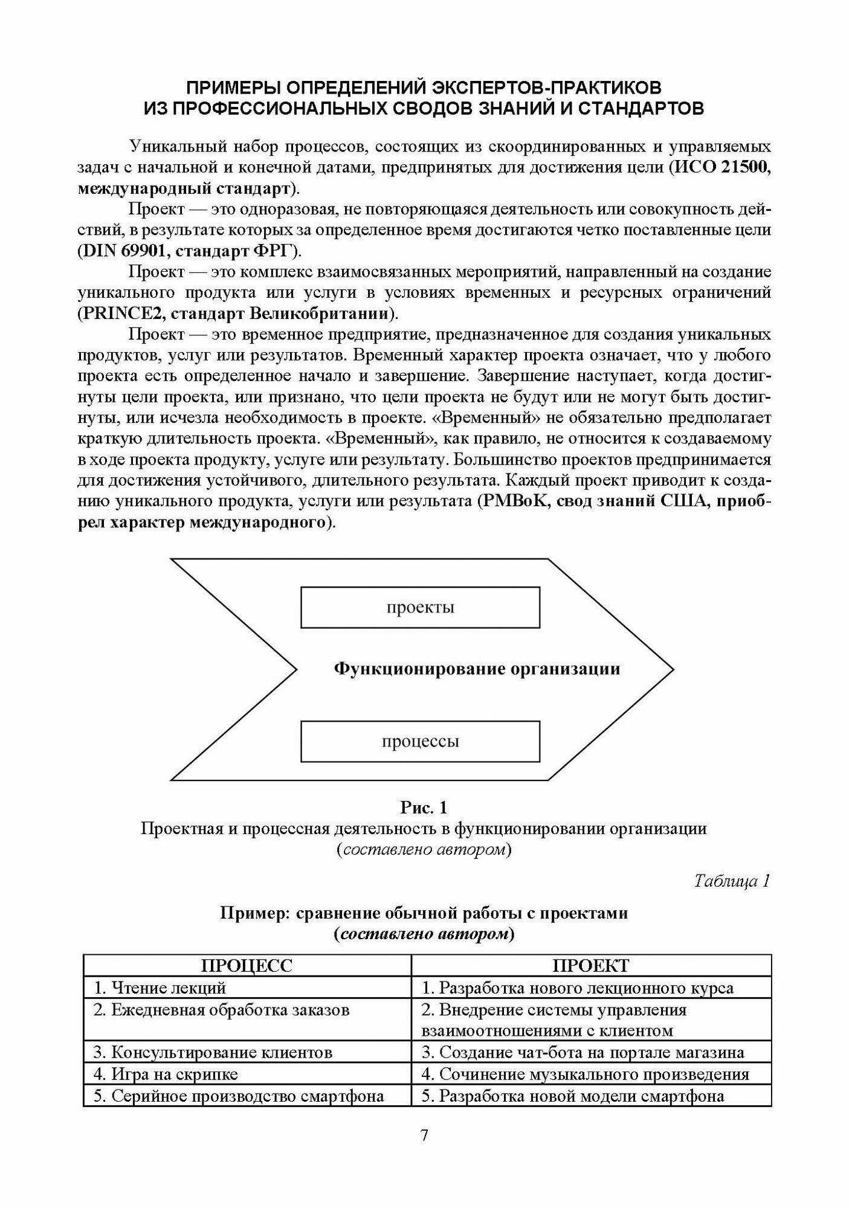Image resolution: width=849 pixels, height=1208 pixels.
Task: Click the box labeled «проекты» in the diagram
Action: click(x=420, y=608)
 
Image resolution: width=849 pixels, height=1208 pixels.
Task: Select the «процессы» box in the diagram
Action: click(x=420, y=741)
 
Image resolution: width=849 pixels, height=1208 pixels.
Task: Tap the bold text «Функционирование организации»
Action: click(x=477, y=669)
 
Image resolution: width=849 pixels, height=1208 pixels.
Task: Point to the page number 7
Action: click(x=424, y=1136)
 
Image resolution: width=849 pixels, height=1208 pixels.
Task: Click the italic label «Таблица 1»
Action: click(x=732, y=881)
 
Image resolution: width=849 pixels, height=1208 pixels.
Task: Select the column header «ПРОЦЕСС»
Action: click(x=247, y=966)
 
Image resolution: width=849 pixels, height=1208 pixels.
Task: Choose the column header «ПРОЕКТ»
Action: click(x=590, y=966)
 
